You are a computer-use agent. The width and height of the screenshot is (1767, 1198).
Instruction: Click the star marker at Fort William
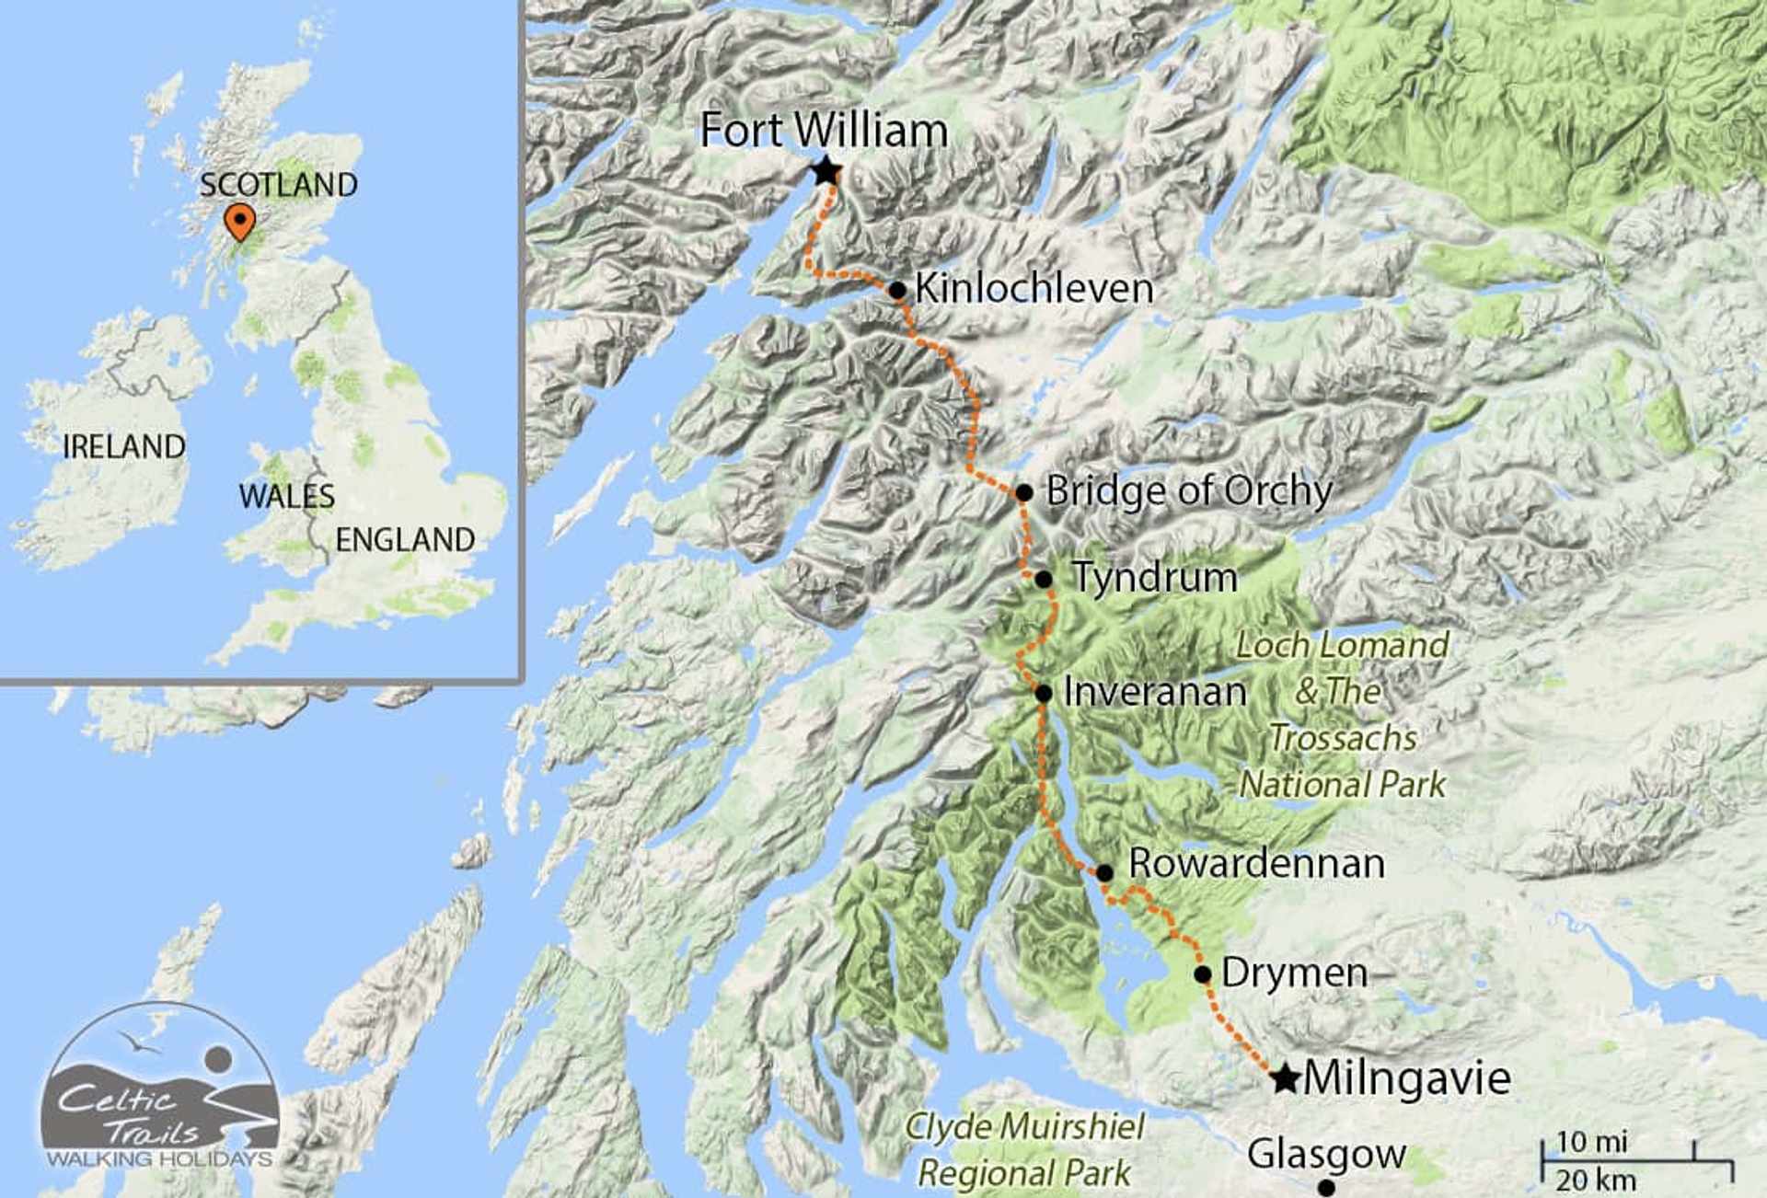826,171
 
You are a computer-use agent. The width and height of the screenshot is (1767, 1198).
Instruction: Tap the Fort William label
824,130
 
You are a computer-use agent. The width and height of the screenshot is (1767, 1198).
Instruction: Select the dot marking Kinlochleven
897,291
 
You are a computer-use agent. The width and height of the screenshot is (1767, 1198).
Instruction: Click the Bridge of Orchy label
1189,491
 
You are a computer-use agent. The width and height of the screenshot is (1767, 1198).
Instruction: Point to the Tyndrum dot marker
1044,580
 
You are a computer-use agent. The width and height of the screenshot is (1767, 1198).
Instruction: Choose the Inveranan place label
1155,692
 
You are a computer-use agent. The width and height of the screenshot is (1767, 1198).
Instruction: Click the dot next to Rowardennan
1104,872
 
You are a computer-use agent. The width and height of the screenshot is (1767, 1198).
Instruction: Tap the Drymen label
1294,973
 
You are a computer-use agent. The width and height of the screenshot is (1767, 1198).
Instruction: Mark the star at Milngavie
1285,1078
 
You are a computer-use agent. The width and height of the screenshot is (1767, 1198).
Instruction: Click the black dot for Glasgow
1326,1188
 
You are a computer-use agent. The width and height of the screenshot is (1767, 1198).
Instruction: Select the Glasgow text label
1326,1154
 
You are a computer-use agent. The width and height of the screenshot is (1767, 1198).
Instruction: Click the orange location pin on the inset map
239,222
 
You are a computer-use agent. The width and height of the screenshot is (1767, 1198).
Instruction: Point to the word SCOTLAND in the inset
279,185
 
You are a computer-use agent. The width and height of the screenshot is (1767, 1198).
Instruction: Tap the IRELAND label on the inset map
124,447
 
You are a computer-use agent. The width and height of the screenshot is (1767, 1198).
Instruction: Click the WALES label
286,497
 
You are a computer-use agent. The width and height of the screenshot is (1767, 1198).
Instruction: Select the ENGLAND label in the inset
405,540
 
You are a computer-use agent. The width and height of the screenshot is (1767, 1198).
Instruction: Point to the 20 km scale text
1596,1180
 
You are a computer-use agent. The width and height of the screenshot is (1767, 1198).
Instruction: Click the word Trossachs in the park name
1343,738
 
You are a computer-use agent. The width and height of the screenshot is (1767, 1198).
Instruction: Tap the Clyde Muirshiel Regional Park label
1025,1150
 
